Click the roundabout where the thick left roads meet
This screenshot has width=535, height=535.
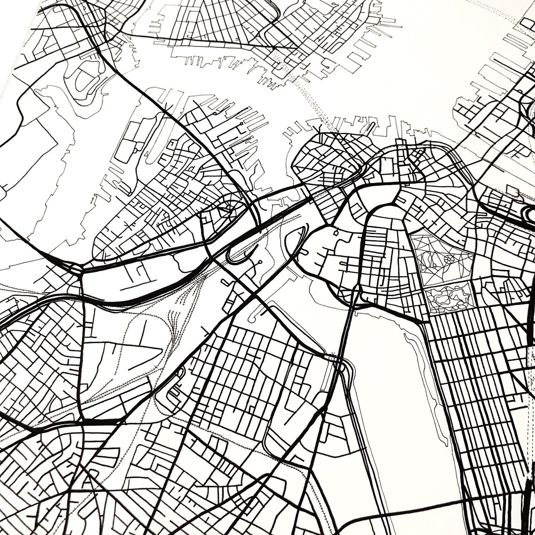point(76,269)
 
